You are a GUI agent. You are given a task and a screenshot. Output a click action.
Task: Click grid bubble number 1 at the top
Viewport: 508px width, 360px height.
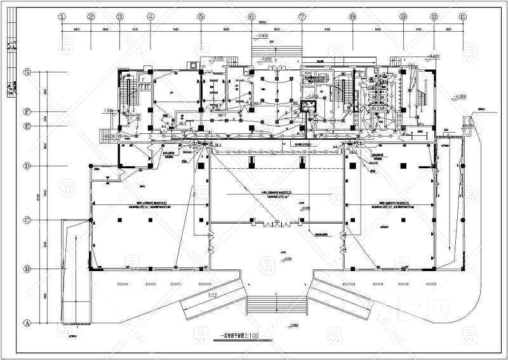point(62,17)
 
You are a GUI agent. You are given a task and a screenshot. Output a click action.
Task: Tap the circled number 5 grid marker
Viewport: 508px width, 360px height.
point(201,17)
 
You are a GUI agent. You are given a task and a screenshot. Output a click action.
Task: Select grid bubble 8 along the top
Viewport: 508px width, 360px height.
point(352,17)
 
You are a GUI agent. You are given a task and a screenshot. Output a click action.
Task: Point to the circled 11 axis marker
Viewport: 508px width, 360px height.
point(464,17)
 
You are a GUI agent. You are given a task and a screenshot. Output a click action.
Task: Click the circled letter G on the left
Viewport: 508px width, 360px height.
point(27,72)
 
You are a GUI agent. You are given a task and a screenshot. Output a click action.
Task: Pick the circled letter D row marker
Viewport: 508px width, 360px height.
point(27,166)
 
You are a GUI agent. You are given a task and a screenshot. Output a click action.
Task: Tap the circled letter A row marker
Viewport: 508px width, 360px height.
point(27,323)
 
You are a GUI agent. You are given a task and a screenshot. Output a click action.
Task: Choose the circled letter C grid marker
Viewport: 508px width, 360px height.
point(27,220)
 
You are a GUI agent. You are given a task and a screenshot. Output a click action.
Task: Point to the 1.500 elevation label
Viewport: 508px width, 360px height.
point(108,110)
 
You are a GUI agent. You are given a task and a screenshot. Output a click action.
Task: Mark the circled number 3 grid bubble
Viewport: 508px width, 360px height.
point(121,17)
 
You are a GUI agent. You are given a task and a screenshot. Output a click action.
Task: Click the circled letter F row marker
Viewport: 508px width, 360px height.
point(27,112)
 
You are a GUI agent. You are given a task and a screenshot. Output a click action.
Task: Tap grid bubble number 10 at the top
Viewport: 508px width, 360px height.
point(434,17)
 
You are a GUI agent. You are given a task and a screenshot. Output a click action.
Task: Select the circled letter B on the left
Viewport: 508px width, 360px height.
point(27,269)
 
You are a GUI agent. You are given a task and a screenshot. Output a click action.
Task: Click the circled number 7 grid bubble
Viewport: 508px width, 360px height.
point(302,17)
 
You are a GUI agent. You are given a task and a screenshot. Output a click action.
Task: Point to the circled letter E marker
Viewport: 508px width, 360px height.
point(27,126)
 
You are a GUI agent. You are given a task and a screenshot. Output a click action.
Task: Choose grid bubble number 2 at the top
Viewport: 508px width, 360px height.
point(91,17)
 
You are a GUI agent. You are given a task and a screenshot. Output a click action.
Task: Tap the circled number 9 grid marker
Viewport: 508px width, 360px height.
point(403,17)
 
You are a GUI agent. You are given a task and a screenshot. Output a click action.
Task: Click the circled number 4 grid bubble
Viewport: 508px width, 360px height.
point(150,17)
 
